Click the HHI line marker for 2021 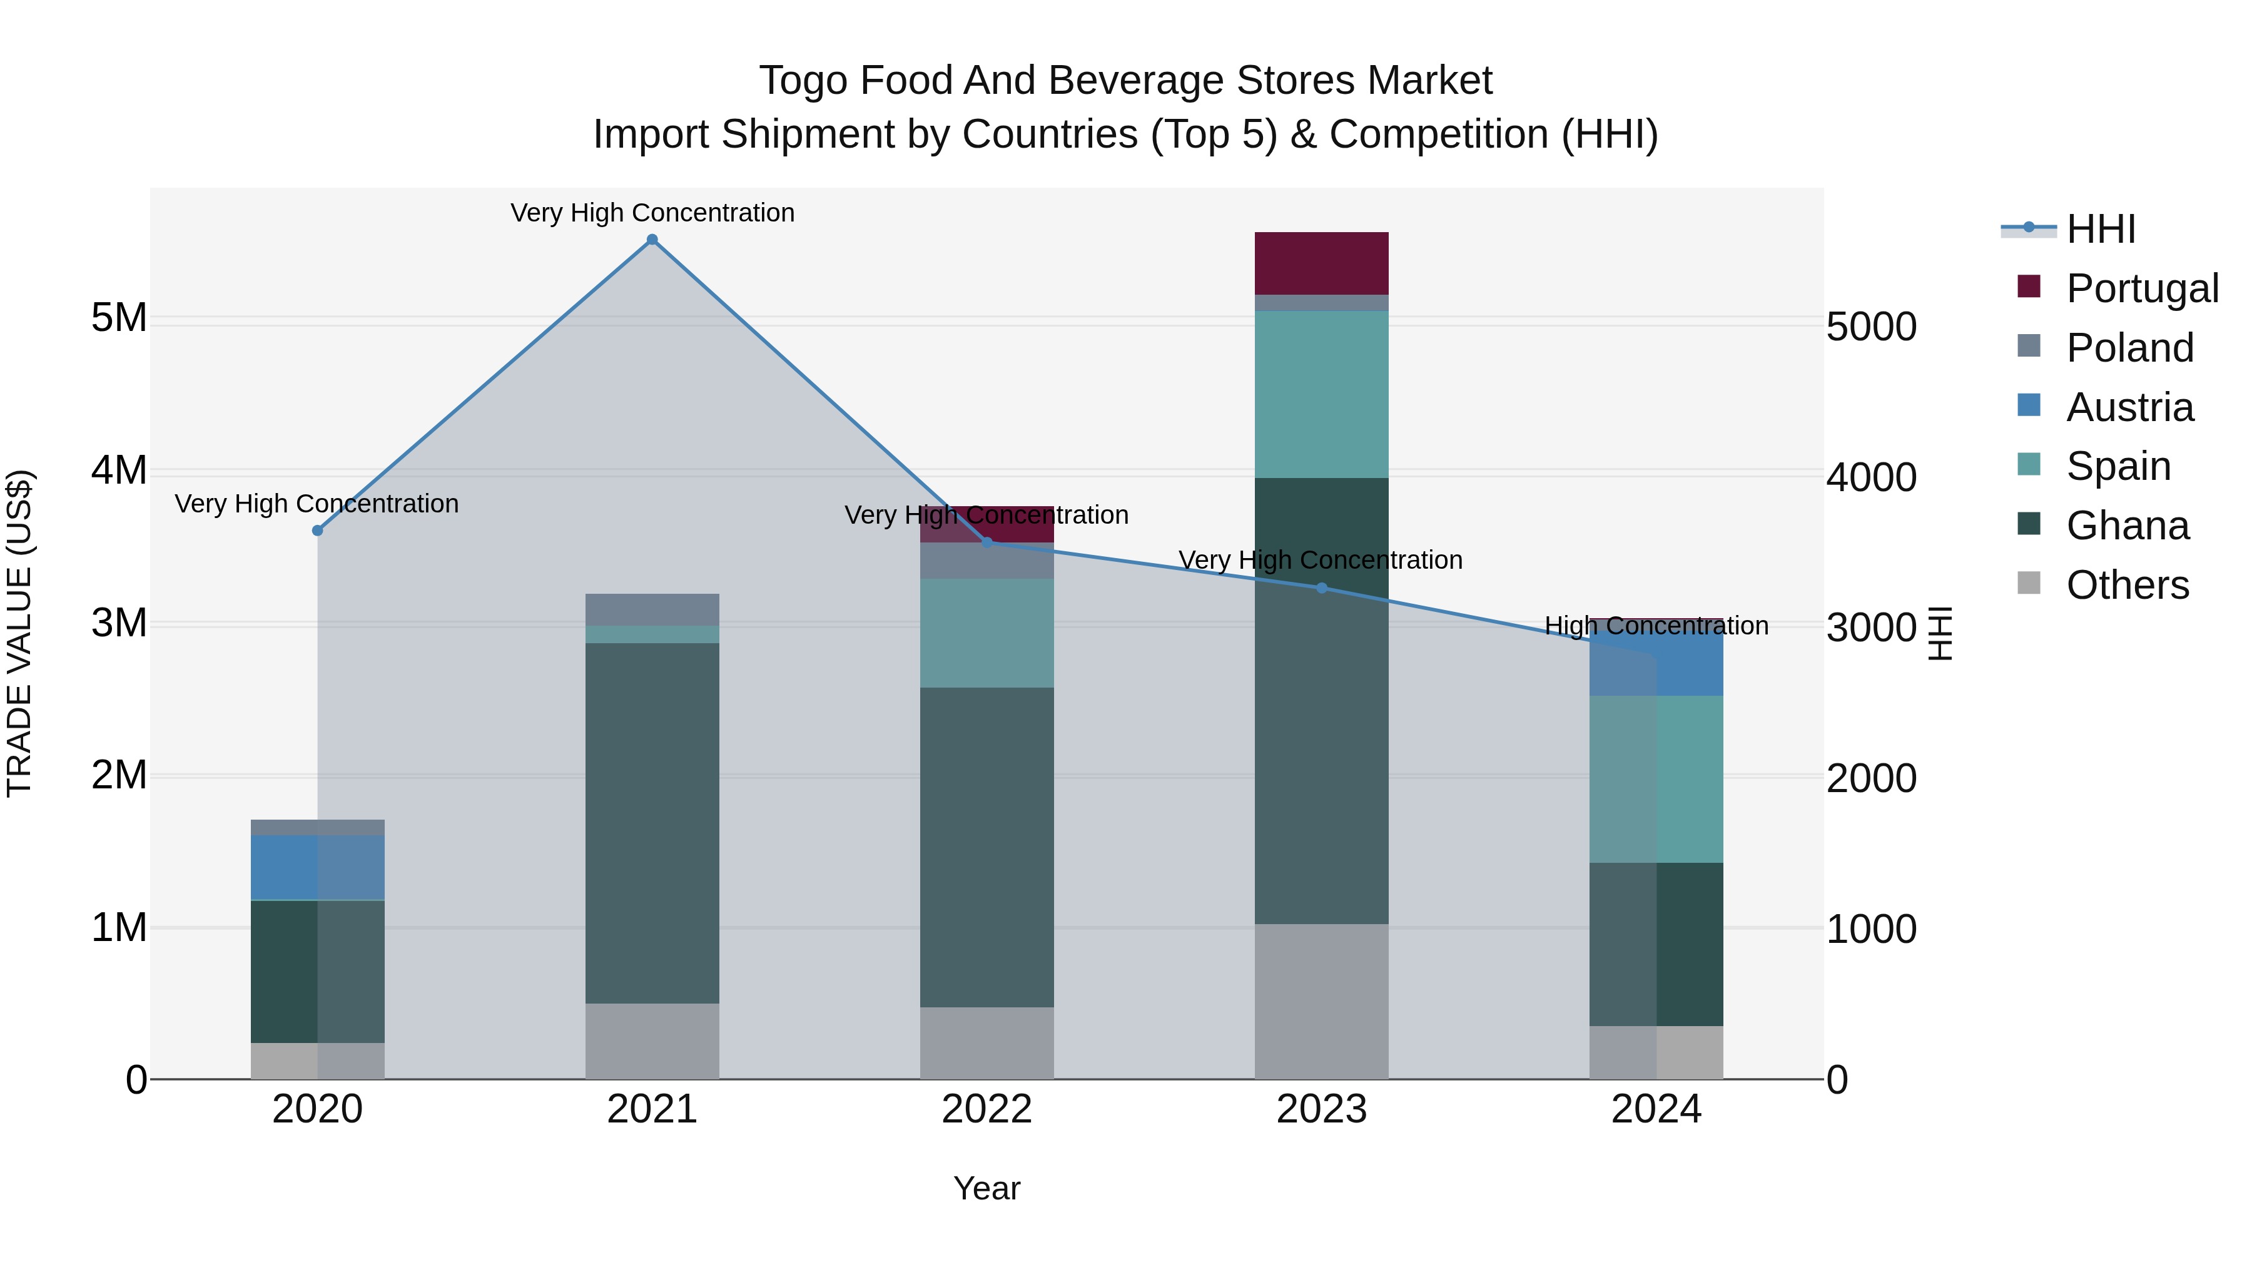pos(652,240)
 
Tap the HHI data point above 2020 pos(317,531)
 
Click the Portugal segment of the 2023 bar pos(1321,263)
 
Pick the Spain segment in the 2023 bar pos(1321,394)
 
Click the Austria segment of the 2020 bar pos(317,867)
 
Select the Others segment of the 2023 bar pos(1321,1001)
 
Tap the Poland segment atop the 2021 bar pos(652,609)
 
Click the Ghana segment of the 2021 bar pos(652,823)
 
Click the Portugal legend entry pos(2142,288)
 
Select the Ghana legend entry pos(2126,526)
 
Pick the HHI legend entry pos(2100,229)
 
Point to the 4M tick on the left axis pos(119,471)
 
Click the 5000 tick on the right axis pos(1871,327)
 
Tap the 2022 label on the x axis pos(987,1109)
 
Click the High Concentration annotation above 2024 pos(1656,626)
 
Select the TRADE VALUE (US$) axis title pos(19,633)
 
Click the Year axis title pos(987,1188)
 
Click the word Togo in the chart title pos(803,81)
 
